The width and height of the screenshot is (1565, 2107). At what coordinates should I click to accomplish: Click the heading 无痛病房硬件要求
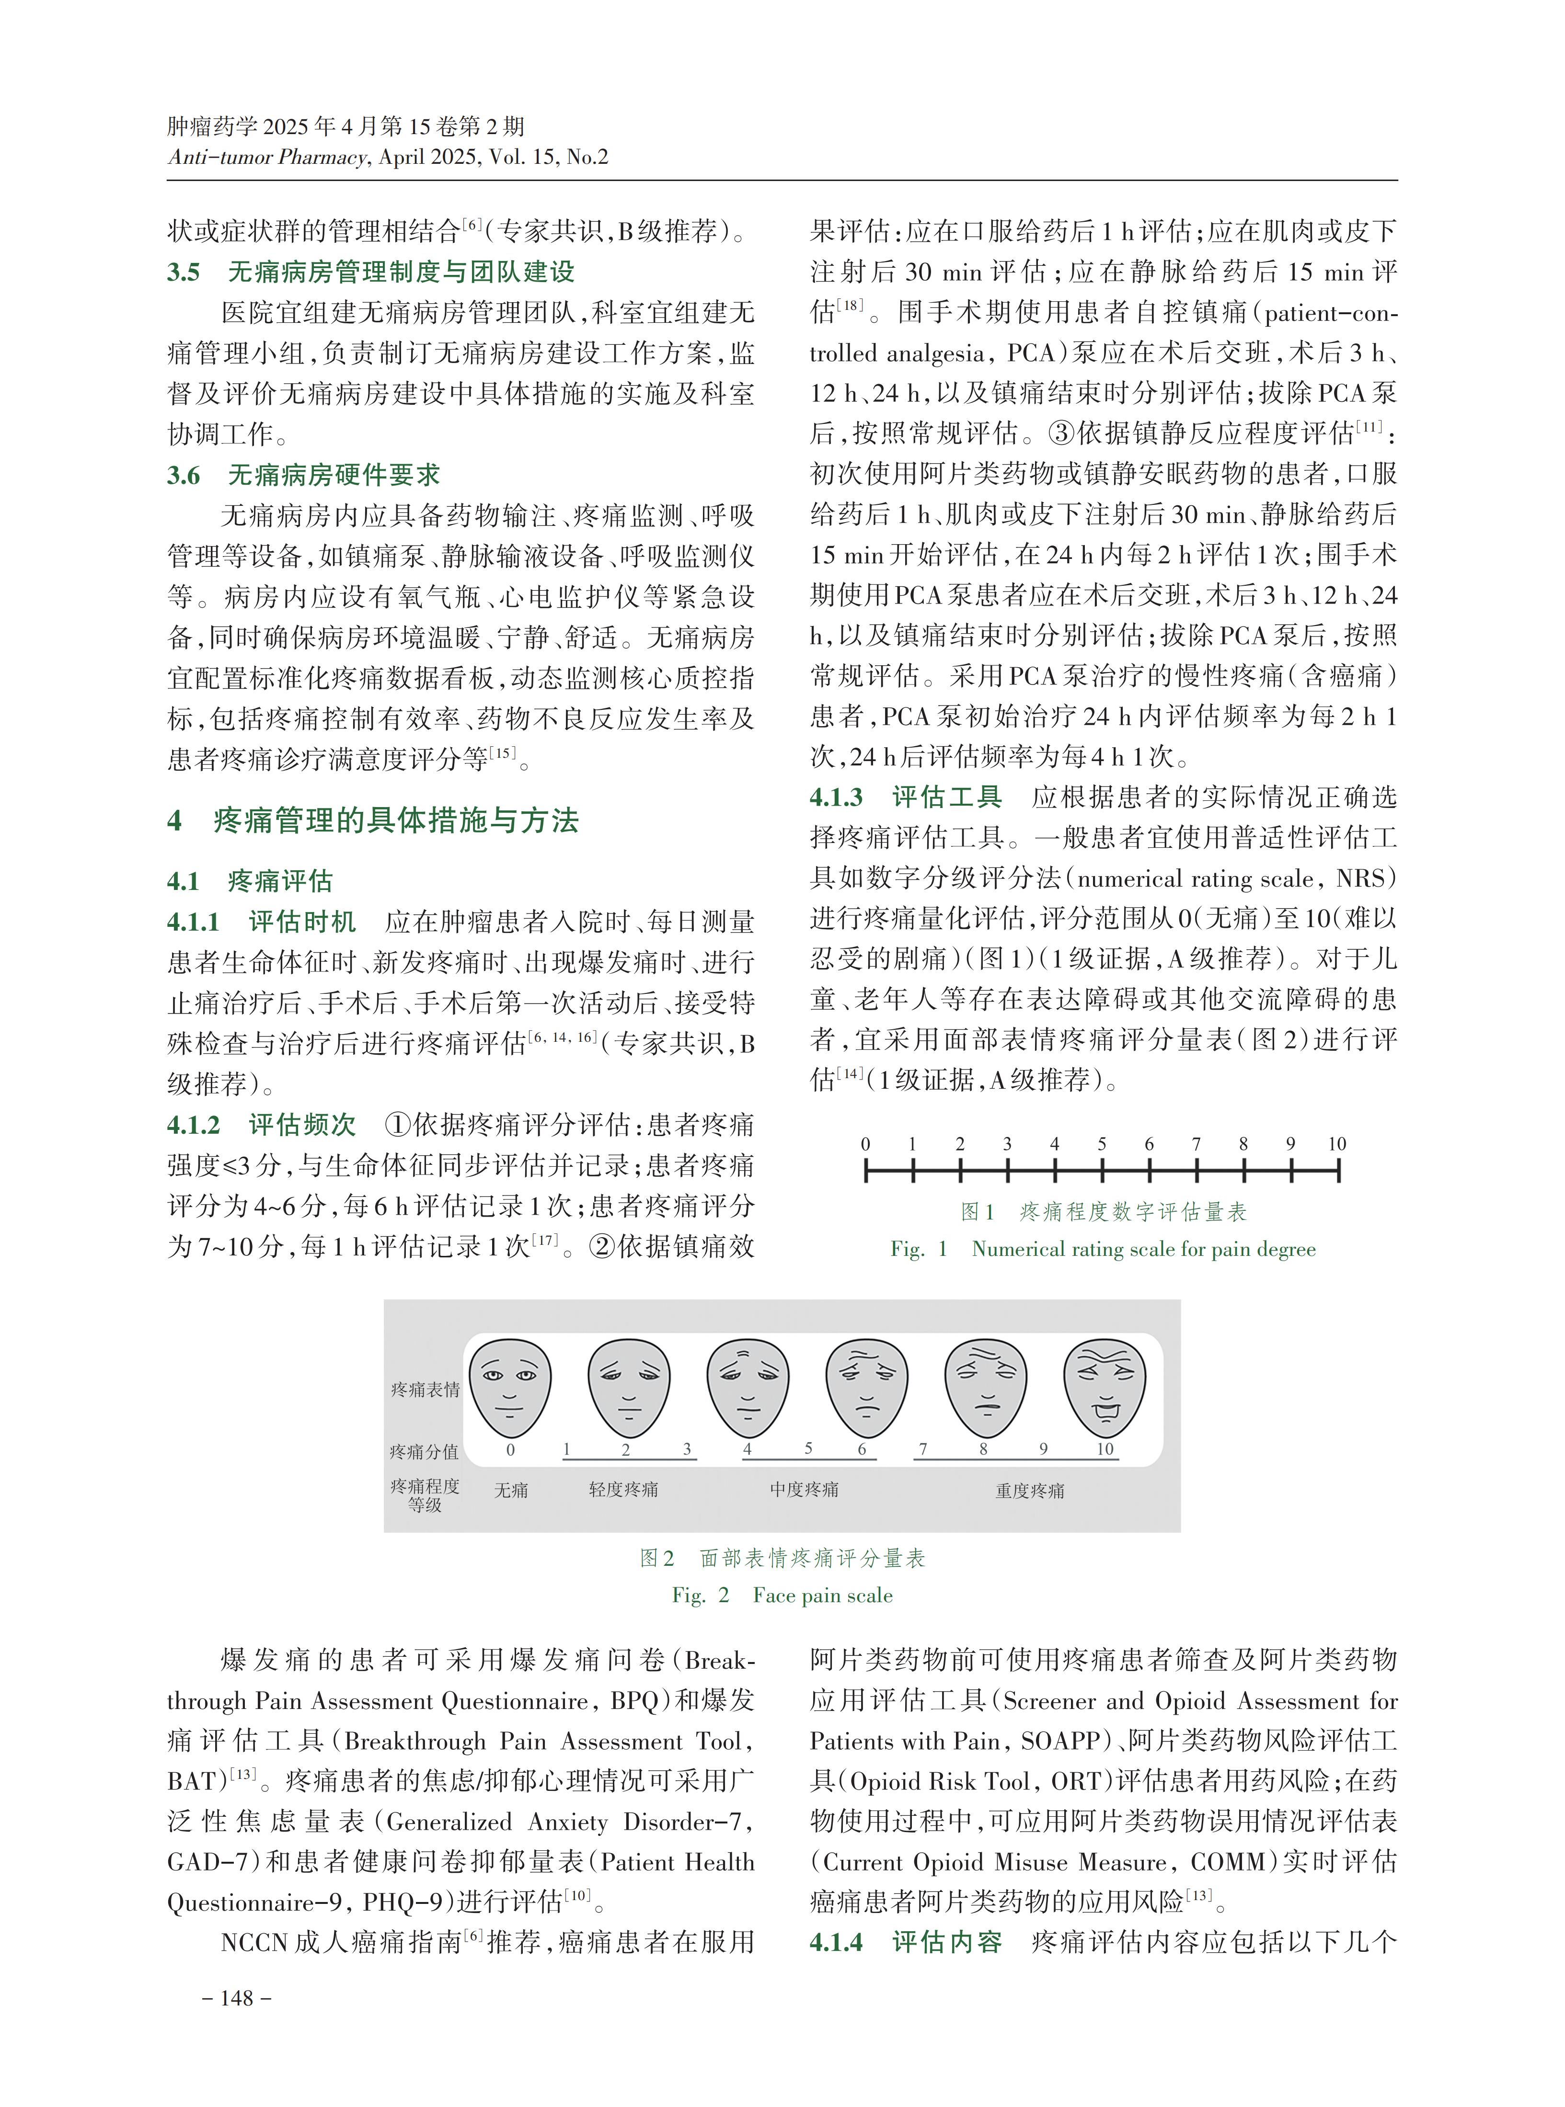click(334, 475)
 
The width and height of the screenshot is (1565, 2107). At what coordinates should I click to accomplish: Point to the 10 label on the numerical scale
click(1337, 1144)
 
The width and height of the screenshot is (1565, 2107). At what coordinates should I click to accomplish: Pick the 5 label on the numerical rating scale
click(1102, 1144)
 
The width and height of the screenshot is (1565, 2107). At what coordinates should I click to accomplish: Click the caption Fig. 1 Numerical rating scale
click(1103, 1249)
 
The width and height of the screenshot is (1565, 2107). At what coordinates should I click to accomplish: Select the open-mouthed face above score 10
click(1105, 1384)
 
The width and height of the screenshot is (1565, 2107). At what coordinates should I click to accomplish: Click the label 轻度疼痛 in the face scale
click(623, 1490)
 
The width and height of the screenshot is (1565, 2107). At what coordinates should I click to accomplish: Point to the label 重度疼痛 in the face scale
click(1030, 1491)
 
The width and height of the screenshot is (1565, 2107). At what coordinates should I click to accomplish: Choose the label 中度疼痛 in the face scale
click(804, 1490)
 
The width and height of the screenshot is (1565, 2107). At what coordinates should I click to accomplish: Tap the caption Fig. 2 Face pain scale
click(782, 1595)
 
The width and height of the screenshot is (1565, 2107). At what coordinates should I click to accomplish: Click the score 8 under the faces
click(983, 1449)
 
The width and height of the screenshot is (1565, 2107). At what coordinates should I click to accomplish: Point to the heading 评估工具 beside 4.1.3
click(947, 797)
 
